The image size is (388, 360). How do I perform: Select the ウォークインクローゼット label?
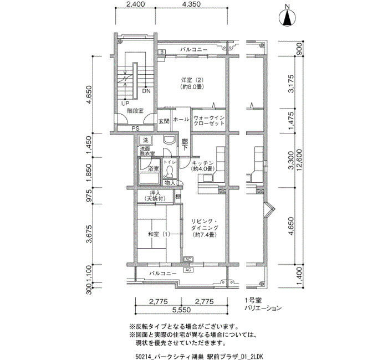[x=209, y=120]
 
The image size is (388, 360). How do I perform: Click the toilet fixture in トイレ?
[x=170, y=172]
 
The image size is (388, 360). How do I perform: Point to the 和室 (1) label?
[x=159, y=234]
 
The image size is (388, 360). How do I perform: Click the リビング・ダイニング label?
[x=205, y=228]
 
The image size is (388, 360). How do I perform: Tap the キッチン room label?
[x=203, y=166]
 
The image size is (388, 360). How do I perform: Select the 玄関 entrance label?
[x=164, y=121]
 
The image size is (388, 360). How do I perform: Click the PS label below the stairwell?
[x=135, y=128]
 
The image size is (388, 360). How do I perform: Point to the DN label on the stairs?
[x=146, y=91]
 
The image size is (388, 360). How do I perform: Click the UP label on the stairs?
[x=125, y=104]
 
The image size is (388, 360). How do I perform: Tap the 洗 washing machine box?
[x=145, y=141]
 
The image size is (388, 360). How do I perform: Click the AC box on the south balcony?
[x=188, y=270]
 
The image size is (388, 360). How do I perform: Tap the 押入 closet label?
[x=155, y=196]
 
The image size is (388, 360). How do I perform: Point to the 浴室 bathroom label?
[x=153, y=169]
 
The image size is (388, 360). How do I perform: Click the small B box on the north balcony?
[x=162, y=52]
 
